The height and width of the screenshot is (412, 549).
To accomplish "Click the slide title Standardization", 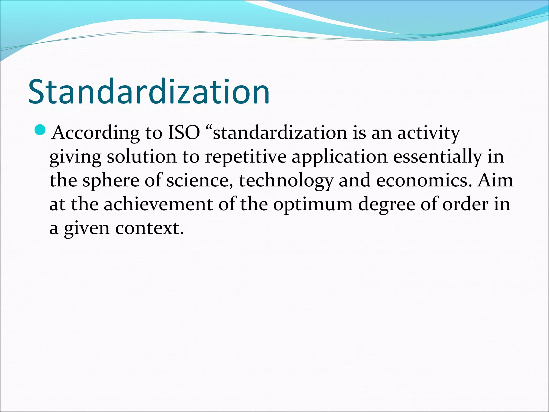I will click(x=149, y=92).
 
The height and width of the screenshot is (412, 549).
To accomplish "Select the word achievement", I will click(x=158, y=204).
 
